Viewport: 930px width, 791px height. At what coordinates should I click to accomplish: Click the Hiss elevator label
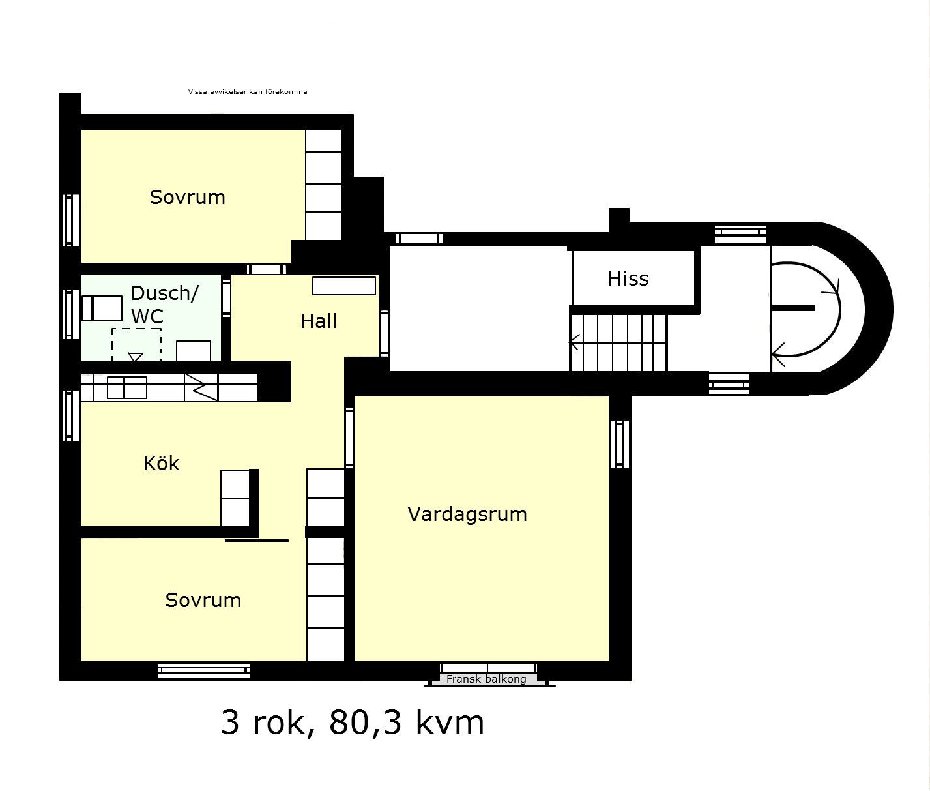[x=628, y=278]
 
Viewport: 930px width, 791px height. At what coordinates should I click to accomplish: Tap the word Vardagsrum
[x=467, y=514]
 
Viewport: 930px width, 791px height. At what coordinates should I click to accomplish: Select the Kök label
[x=161, y=463]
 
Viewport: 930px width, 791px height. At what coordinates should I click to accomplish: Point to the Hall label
[x=319, y=321]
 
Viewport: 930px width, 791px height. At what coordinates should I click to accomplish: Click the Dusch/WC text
[x=164, y=305]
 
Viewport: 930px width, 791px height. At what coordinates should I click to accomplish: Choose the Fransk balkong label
[x=486, y=679]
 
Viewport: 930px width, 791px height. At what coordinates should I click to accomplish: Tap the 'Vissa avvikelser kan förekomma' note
[x=248, y=92]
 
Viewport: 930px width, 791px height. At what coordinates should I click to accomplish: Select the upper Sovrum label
[x=187, y=197]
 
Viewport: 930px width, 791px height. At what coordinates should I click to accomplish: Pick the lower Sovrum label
[x=203, y=600]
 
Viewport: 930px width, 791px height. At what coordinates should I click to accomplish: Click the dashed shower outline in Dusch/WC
[x=136, y=344]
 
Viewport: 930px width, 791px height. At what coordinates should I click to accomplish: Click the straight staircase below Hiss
[x=618, y=342]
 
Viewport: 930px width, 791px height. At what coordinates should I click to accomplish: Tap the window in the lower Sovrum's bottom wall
[x=204, y=670]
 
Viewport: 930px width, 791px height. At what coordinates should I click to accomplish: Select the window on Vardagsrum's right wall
[x=620, y=444]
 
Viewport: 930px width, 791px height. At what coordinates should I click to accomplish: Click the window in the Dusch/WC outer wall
[x=70, y=314]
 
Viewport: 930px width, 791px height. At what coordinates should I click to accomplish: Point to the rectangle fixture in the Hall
[x=344, y=286]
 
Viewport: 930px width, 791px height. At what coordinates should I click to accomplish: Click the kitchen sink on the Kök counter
[x=127, y=387]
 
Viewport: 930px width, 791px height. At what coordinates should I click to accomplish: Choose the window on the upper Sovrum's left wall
[x=70, y=220]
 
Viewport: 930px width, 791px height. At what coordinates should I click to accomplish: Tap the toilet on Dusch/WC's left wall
[x=102, y=308]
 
